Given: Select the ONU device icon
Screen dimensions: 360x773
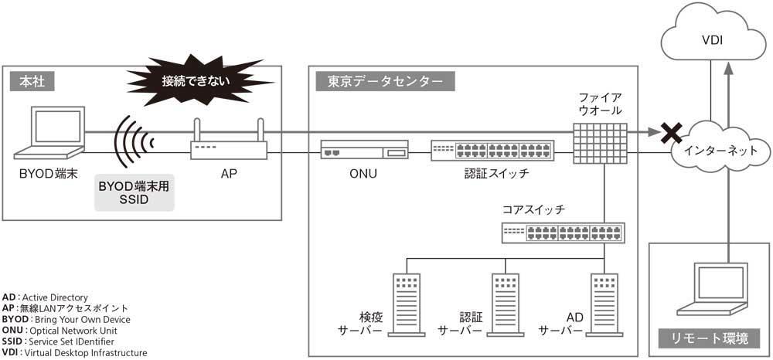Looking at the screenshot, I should pos(363,151).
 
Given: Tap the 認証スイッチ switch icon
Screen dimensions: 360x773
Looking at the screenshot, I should pos(492,150).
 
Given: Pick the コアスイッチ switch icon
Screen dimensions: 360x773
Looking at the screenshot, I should pos(563,233).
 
